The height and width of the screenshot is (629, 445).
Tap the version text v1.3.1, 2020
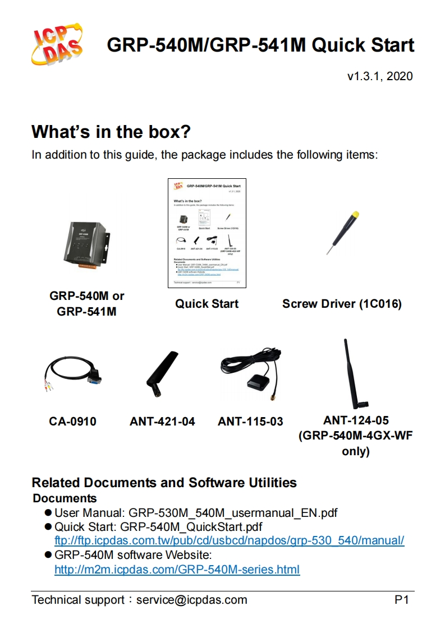(380, 76)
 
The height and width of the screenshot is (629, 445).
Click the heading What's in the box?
(111, 132)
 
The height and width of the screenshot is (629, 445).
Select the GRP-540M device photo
(86, 247)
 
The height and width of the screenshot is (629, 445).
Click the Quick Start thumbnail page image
(207, 233)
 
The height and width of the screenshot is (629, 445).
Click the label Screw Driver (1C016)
(342, 304)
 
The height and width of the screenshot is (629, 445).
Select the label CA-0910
(72, 422)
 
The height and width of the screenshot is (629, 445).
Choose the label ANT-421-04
(162, 422)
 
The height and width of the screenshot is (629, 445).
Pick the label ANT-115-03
(250, 422)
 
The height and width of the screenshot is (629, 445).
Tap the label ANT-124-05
(356, 420)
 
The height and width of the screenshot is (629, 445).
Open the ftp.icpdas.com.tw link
(229, 541)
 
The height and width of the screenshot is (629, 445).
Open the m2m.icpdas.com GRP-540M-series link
(177, 570)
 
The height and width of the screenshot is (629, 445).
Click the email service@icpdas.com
(191, 600)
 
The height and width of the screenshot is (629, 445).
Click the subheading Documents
(65, 498)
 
